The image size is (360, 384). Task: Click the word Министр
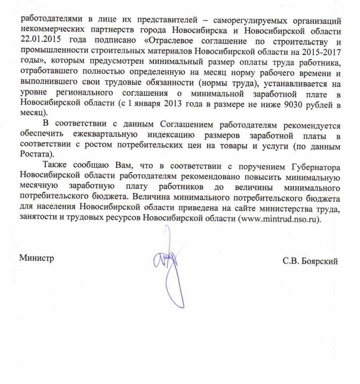37,258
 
